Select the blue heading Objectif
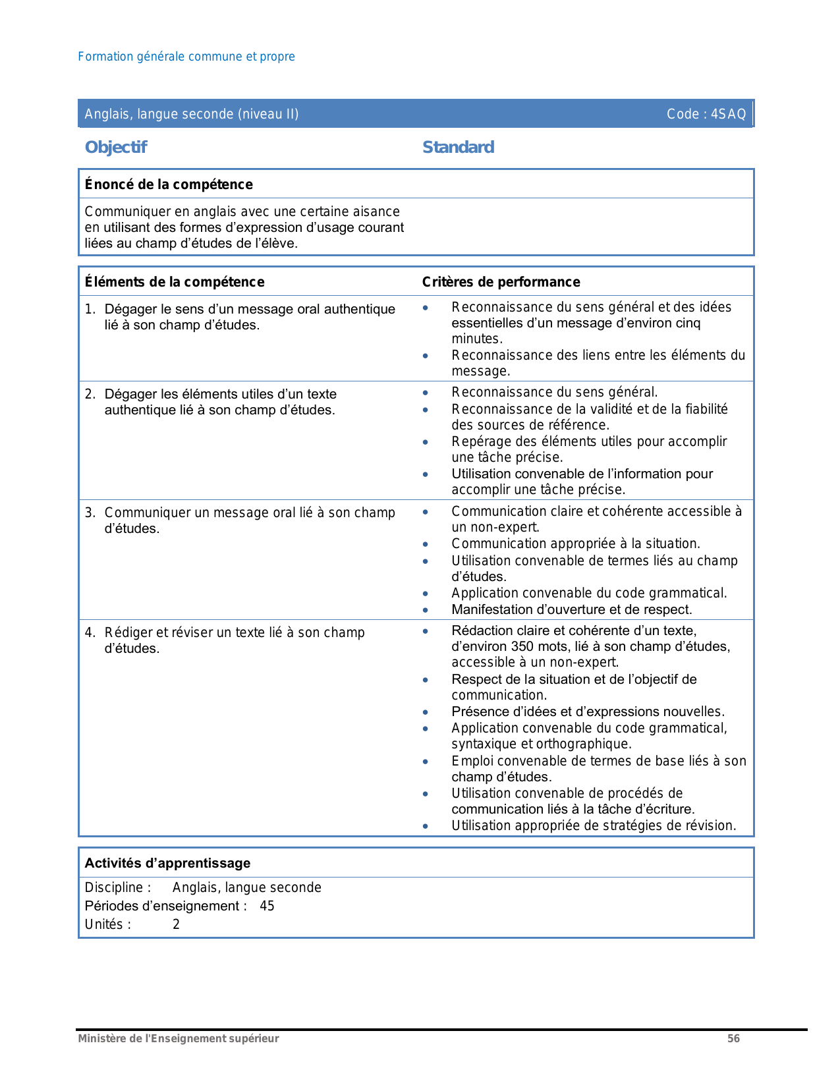[x=116, y=147]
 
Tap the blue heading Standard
[x=458, y=147]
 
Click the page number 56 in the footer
[x=733, y=1038]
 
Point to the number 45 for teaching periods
[x=267, y=906]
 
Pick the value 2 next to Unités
[x=176, y=924]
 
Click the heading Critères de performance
[x=501, y=282]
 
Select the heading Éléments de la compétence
[x=175, y=282]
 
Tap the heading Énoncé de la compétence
[x=169, y=184]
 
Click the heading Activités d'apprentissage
[x=167, y=863]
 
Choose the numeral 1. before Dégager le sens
[x=90, y=309]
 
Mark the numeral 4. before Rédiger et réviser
[x=90, y=632]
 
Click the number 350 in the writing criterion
[x=522, y=646]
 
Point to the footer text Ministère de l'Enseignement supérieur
[x=179, y=1038]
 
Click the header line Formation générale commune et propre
[x=186, y=57]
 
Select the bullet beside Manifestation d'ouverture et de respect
[x=426, y=610]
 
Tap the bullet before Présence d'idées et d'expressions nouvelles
[x=426, y=712]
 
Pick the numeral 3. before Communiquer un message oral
[x=90, y=513]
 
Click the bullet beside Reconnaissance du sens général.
[x=426, y=393]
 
